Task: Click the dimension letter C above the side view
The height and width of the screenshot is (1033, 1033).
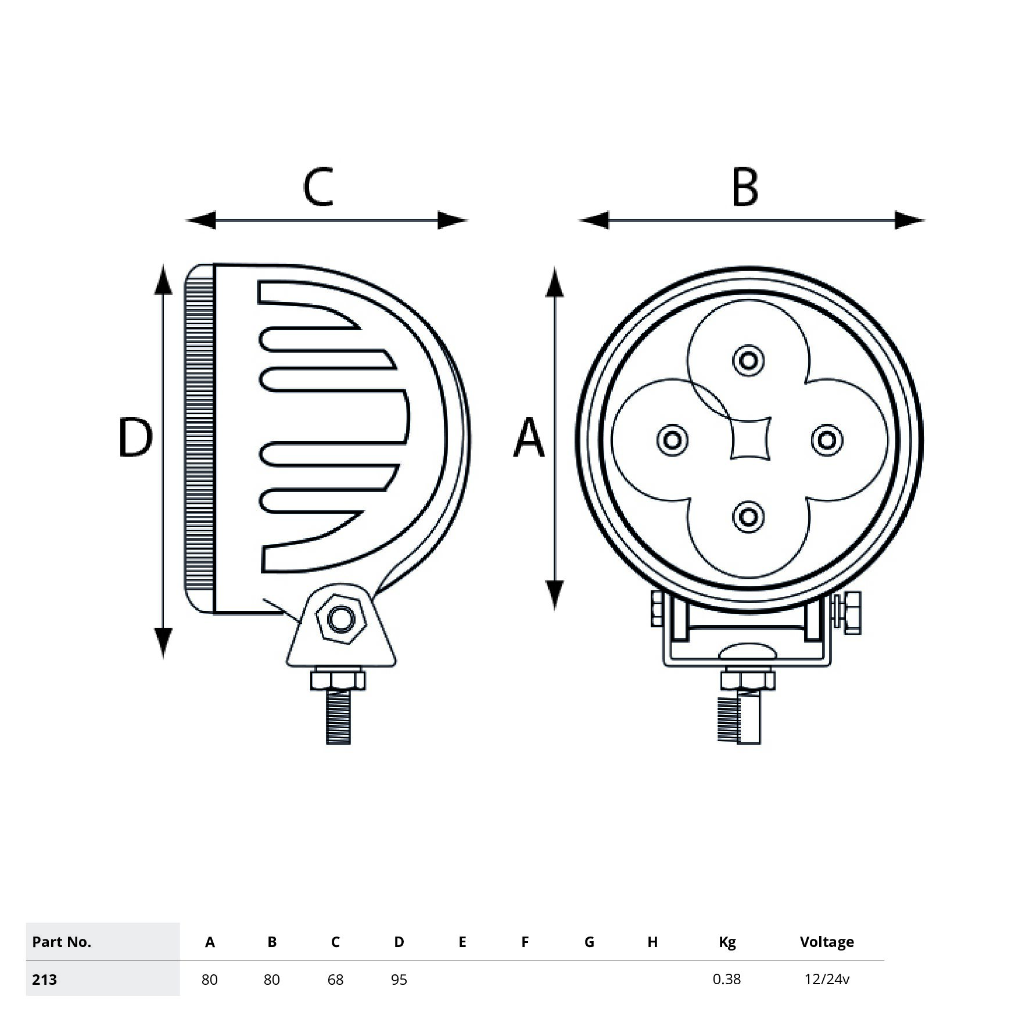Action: pos(318,187)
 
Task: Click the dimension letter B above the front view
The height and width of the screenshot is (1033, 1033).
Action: pos(745,187)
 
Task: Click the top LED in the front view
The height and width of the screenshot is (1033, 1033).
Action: pos(748,360)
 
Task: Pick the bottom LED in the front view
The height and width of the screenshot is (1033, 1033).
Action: pos(748,516)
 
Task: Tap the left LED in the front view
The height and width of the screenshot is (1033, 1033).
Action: pos(672,440)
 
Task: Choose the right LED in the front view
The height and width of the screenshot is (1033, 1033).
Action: pos(827,440)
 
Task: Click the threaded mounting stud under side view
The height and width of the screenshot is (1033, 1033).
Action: pos(339,716)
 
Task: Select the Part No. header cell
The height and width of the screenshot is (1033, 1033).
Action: pos(62,942)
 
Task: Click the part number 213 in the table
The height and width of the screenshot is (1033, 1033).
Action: pos(45,980)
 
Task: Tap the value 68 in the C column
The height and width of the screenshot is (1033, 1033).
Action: pos(335,980)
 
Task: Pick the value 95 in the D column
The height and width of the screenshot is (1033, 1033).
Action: pos(399,980)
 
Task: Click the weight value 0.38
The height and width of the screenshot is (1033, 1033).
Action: pos(727,979)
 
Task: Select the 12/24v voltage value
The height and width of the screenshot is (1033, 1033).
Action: pos(827,980)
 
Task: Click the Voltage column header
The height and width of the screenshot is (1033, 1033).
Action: pos(827,942)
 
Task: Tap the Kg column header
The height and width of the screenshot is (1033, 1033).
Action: pos(727,942)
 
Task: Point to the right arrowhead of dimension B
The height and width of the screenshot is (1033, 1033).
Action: pos(909,220)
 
